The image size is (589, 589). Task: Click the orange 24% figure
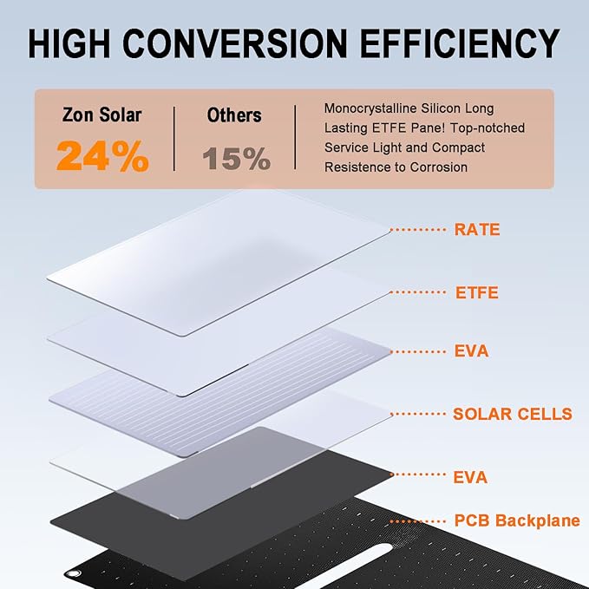click(x=102, y=156)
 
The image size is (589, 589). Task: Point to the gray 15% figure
click(x=237, y=158)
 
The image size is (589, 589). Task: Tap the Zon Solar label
click(x=101, y=115)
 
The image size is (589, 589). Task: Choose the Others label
click(x=235, y=115)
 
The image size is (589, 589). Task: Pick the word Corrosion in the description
click(x=438, y=167)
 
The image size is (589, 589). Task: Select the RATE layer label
click(x=477, y=230)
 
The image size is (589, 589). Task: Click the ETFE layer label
click(x=477, y=292)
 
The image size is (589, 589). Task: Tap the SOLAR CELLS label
click(x=513, y=414)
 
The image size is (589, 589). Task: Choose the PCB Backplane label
click(x=517, y=521)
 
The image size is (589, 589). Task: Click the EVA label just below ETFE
click(x=471, y=351)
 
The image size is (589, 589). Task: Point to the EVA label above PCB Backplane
click(x=470, y=477)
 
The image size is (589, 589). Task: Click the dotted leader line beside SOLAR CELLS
click(x=420, y=414)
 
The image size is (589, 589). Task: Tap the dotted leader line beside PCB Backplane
click(x=420, y=521)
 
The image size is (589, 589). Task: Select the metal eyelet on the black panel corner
click(x=72, y=573)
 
